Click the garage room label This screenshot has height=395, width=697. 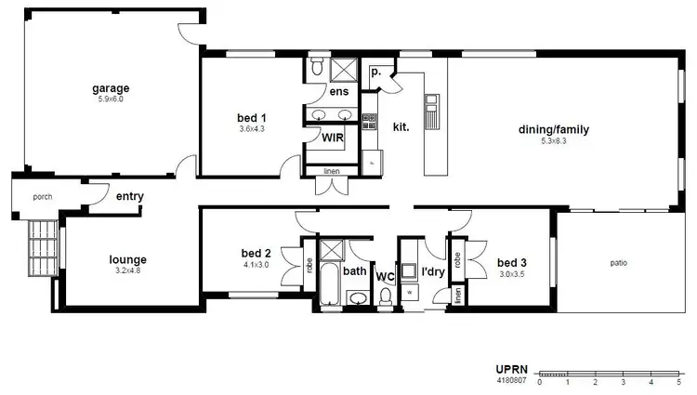(111, 89)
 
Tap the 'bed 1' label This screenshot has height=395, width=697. (252, 118)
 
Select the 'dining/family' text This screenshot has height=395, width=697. (554, 130)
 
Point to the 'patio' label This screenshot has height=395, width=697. (618, 263)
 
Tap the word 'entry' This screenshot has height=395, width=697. (130, 196)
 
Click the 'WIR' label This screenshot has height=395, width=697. (334, 138)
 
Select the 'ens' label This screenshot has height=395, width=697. (339, 91)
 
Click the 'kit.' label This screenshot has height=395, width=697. (401, 125)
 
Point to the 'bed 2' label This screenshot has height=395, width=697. (256, 253)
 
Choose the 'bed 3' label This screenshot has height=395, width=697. (511, 262)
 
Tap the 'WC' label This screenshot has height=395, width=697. (385, 276)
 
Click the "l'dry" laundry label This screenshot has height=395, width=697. (432, 271)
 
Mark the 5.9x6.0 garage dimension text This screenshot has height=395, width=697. (111, 99)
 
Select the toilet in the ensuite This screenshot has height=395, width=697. (317, 67)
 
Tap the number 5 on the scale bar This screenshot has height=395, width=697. (679, 382)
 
